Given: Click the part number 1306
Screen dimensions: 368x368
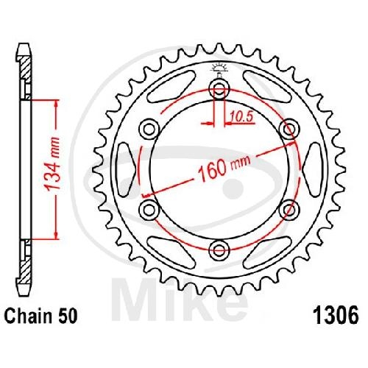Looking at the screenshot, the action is click(x=336, y=315).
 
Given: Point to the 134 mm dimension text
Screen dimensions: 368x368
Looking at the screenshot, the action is click(x=53, y=164).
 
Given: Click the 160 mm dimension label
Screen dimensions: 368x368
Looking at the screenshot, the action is click(x=224, y=168).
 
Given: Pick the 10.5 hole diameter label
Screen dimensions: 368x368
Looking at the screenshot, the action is click(x=241, y=117).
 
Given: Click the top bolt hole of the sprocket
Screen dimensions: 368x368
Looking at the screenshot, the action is click(x=219, y=89).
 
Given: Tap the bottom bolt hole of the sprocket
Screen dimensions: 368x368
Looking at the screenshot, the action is click(x=219, y=250).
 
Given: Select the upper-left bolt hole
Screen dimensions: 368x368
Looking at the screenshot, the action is click(x=149, y=129).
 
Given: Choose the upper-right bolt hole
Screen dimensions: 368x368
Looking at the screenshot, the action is click(x=289, y=129).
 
